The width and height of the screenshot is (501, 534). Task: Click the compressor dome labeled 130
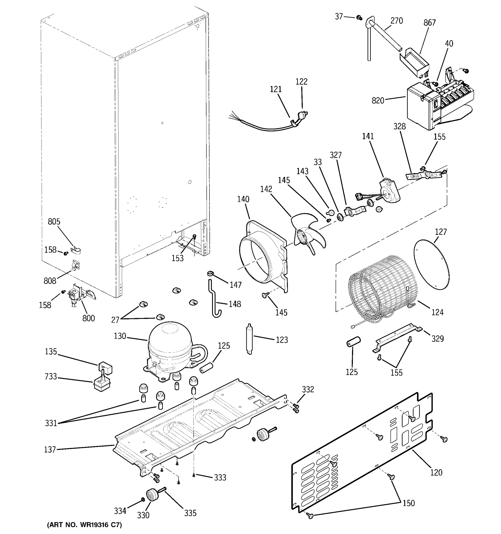coord(170,340)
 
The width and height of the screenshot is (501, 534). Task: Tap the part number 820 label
coord(378,101)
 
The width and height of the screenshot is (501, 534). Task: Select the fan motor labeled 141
coord(389,191)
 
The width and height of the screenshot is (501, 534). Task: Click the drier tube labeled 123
coord(249,339)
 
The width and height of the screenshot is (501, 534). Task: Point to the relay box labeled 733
coord(102,384)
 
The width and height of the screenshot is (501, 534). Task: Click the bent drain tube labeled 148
coord(215,302)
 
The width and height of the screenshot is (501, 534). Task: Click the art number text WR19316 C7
coord(84,525)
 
